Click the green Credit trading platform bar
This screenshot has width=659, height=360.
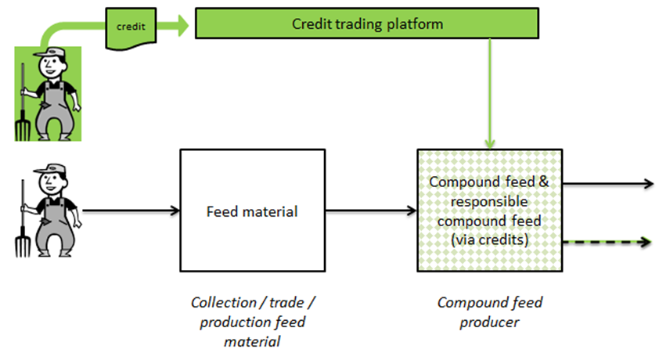[367, 24]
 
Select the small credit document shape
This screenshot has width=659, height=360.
[131, 26]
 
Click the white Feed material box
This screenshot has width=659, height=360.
[251, 211]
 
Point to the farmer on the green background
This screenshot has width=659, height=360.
[49, 92]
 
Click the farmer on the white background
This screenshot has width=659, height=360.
[49, 209]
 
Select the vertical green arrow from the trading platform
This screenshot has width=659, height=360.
[490, 94]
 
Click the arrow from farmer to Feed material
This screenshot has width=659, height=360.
[129, 211]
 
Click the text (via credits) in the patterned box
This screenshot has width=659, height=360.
[490, 240]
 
